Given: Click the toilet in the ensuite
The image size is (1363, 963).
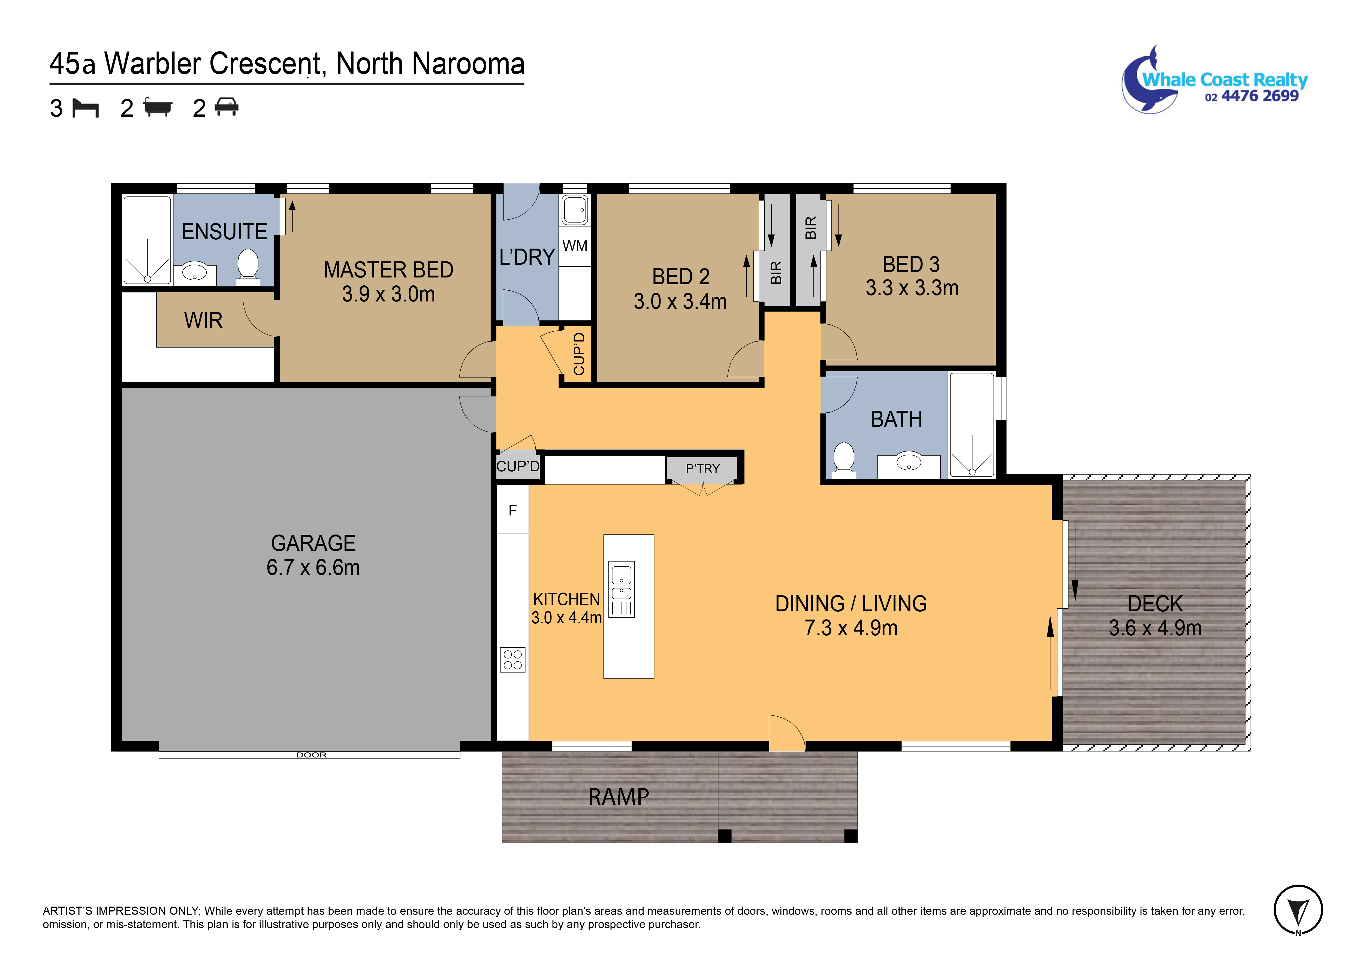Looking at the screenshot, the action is pyautogui.click(x=248, y=266).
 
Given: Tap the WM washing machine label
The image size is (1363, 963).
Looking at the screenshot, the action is pyautogui.click(x=575, y=246).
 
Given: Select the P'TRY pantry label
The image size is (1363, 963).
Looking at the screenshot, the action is pyautogui.click(x=702, y=469).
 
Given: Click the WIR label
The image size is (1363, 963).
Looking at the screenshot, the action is pyautogui.click(x=204, y=321).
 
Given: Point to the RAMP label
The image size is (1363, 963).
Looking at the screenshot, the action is pyautogui.click(x=619, y=797).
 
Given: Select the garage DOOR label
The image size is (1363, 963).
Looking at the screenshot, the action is pyautogui.click(x=312, y=755).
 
